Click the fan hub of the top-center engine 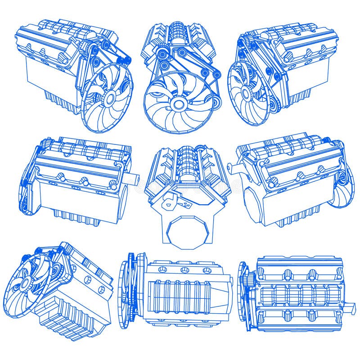point(179,104)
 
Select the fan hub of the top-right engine point(246,94)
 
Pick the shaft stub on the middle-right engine point(232,167)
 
